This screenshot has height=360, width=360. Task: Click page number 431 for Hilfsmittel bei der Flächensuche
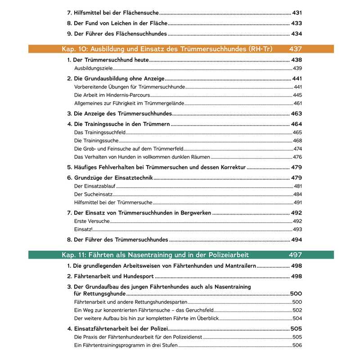click(297, 13)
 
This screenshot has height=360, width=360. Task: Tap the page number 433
click(297, 23)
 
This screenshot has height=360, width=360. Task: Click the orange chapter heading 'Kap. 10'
click(166, 49)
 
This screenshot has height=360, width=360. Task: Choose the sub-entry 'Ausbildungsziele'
click(93, 68)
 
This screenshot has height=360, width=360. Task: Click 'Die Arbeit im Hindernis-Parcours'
click(112, 95)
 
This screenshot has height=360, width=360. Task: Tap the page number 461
click(297, 103)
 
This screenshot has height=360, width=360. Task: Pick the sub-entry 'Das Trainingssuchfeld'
click(99, 132)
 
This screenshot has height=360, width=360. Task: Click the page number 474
click(297, 148)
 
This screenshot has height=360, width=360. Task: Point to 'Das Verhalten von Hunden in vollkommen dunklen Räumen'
click(142, 157)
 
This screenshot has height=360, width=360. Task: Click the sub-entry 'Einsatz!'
click(83, 229)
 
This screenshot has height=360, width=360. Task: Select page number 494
click(297, 240)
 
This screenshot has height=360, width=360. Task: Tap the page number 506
click(297, 346)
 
